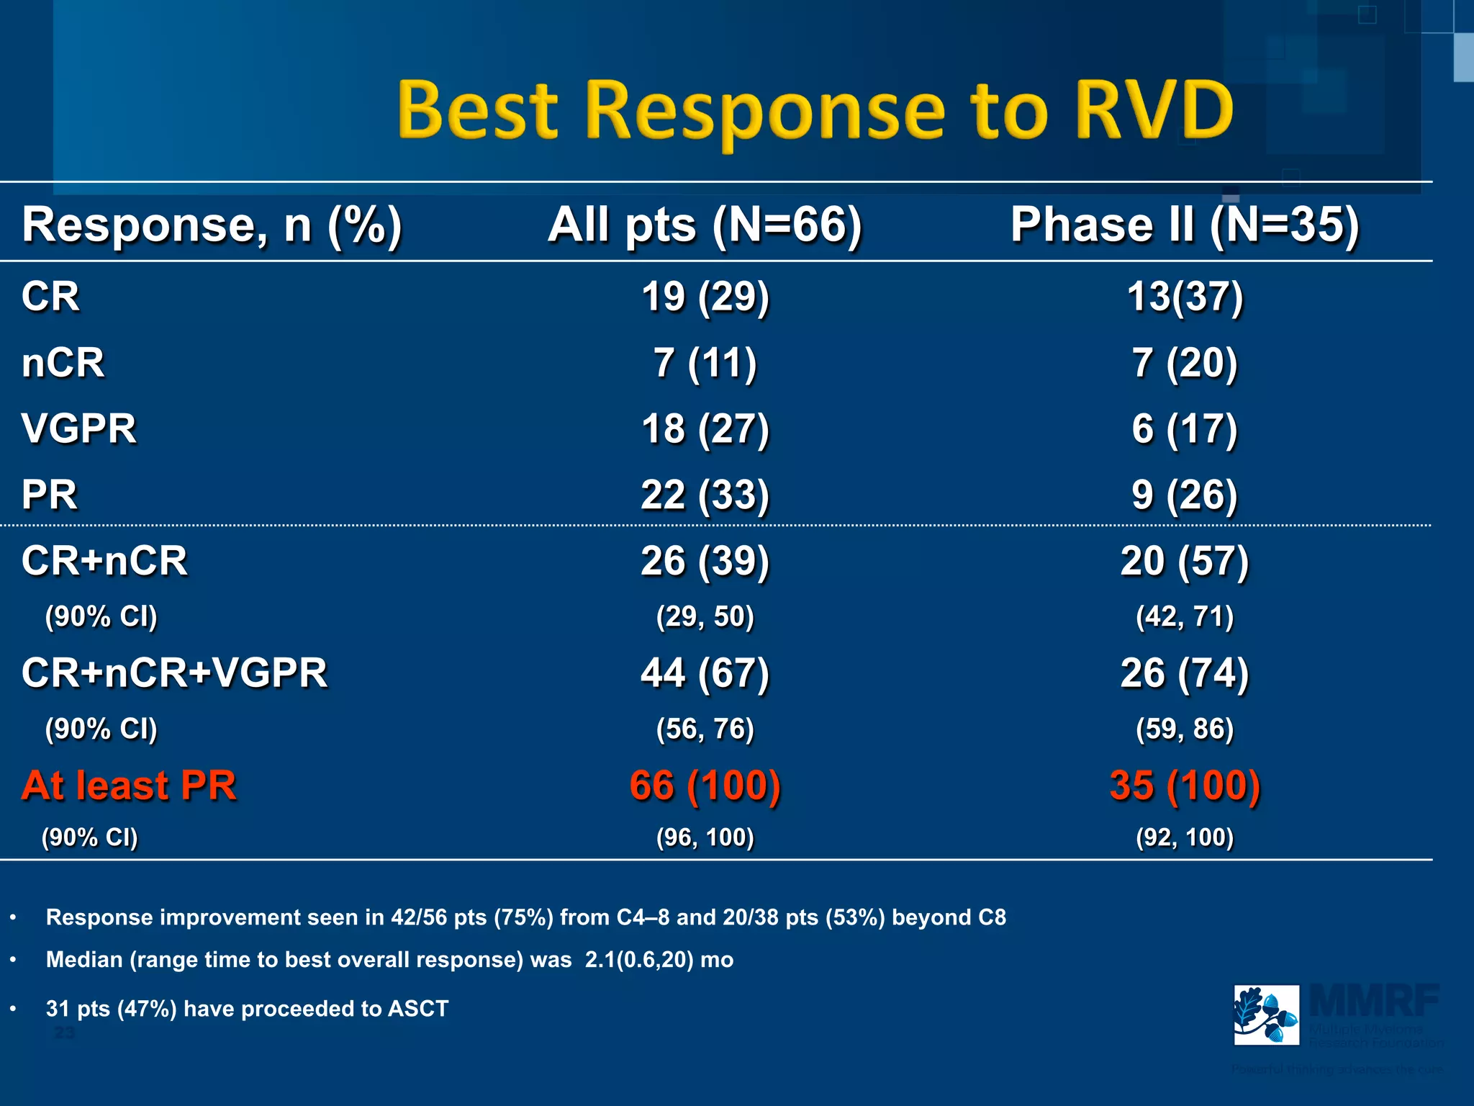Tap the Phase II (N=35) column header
(x=1185, y=225)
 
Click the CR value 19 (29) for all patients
(x=705, y=297)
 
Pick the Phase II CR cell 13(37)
(x=1185, y=297)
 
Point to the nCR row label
(x=63, y=362)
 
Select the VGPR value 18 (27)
(x=705, y=429)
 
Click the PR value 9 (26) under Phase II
(x=1185, y=495)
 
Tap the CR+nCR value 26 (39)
(x=705, y=561)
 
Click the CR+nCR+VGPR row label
(x=174, y=673)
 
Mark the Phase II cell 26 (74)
(x=1185, y=673)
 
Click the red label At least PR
(x=129, y=785)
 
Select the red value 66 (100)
(x=705, y=785)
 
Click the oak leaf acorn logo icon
(x=1266, y=1015)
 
